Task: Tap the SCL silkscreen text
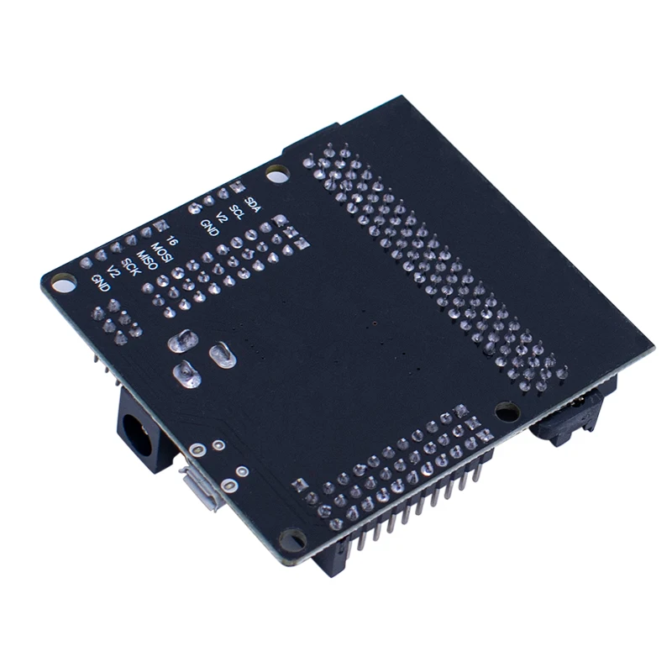(237, 212)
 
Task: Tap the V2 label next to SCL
(223, 218)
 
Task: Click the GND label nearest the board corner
(101, 283)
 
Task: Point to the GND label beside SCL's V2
(208, 226)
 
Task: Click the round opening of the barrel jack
(135, 433)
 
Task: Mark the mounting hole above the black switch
(505, 412)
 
